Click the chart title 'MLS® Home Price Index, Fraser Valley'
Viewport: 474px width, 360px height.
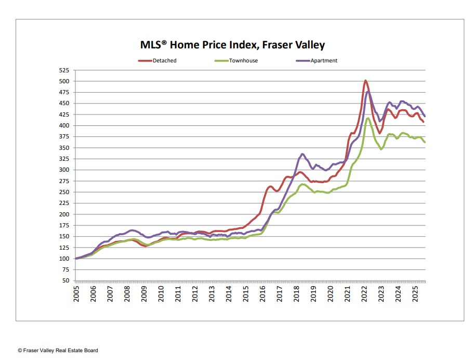pyautogui.click(x=232, y=45)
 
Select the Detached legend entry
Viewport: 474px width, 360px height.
pyautogui.click(x=164, y=61)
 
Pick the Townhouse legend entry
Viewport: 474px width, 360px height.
pyautogui.click(x=243, y=61)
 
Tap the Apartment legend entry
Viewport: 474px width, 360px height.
pyautogui.click(x=323, y=61)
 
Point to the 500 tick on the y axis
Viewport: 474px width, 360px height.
pyautogui.click(x=64, y=81)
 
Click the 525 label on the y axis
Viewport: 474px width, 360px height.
pyautogui.click(x=64, y=70)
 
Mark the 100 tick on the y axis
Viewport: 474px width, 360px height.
pyautogui.click(x=64, y=259)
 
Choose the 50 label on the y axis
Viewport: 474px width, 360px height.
pyautogui.click(x=66, y=281)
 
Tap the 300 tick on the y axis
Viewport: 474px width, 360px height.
pyautogui.click(x=64, y=170)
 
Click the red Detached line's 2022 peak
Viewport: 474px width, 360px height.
pyautogui.click(x=365, y=81)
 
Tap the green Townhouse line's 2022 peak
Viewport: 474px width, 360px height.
pyautogui.click(x=368, y=118)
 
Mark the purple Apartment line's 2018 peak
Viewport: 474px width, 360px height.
pyautogui.click(x=302, y=154)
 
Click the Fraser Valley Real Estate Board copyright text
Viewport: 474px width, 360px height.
pyautogui.click(x=58, y=351)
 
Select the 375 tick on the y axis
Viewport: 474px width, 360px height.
pyautogui.click(x=64, y=137)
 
